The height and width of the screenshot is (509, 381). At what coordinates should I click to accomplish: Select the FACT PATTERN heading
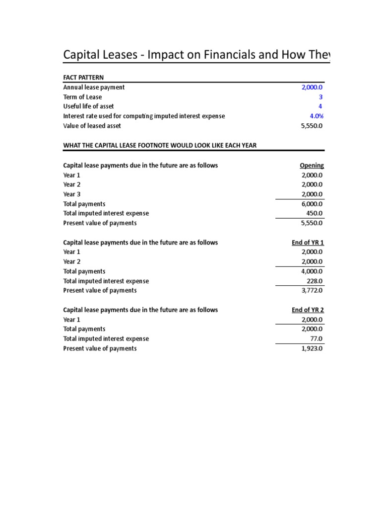click(83, 78)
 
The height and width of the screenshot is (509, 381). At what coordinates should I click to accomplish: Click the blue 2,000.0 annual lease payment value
click(312, 87)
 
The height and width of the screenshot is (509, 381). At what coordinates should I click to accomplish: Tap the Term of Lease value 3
click(321, 97)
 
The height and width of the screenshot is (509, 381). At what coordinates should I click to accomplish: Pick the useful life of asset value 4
click(321, 106)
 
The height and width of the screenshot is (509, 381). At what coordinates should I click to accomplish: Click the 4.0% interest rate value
click(317, 116)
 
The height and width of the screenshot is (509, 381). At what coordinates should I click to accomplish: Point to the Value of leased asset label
click(92, 126)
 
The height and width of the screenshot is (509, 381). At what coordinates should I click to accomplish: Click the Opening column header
click(312, 166)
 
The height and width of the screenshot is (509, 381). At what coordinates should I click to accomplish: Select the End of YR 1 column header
click(308, 243)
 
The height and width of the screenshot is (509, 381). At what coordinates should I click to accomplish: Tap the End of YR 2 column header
click(308, 310)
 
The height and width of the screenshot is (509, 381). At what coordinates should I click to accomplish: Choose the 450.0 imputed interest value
click(315, 213)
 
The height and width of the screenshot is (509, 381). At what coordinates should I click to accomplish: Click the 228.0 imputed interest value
click(315, 281)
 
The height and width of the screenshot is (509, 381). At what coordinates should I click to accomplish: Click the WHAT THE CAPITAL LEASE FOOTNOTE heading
click(160, 145)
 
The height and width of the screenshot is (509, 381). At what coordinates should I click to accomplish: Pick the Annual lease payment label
click(94, 87)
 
